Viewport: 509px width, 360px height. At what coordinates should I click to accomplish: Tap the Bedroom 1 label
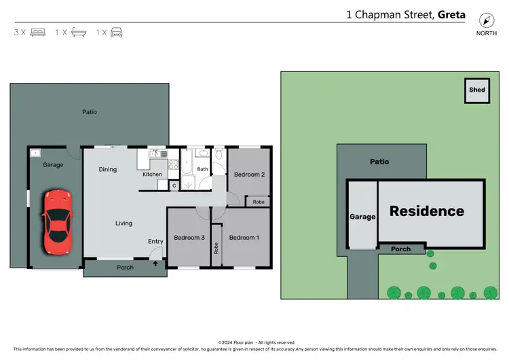pyautogui.click(x=244, y=238)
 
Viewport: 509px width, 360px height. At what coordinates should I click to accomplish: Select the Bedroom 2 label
pyautogui.click(x=249, y=175)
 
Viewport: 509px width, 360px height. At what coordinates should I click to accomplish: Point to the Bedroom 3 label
pyautogui.click(x=189, y=238)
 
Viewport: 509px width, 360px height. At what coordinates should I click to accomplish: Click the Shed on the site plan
pyautogui.click(x=477, y=90)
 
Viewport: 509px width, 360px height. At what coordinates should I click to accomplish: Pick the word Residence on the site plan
pyautogui.click(x=427, y=211)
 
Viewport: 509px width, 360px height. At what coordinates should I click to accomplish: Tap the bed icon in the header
pyautogui.click(x=38, y=32)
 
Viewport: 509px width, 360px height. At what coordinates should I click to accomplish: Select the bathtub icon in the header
pyautogui.click(x=79, y=32)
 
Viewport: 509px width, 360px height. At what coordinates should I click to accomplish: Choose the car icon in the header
pyautogui.click(x=117, y=32)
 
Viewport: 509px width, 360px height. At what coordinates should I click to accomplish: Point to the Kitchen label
pyautogui.click(x=152, y=175)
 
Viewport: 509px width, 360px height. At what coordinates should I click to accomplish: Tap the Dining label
pyautogui.click(x=108, y=170)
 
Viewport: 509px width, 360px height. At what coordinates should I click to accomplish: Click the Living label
pyautogui.click(x=124, y=223)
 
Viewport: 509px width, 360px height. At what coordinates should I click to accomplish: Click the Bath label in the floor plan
pyautogui.click(x=202, y=170)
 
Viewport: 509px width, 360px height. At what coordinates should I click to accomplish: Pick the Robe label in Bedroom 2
pyautogui.click(x=259, y=202)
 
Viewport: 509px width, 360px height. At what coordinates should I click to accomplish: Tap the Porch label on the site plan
pyautogui.click(x=401, y=249)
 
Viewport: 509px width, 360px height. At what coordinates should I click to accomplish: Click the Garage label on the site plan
pyautogui.click(x=362, y=217)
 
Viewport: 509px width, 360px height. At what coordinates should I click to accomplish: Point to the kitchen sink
pyautogui.click(x=155, y=154)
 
